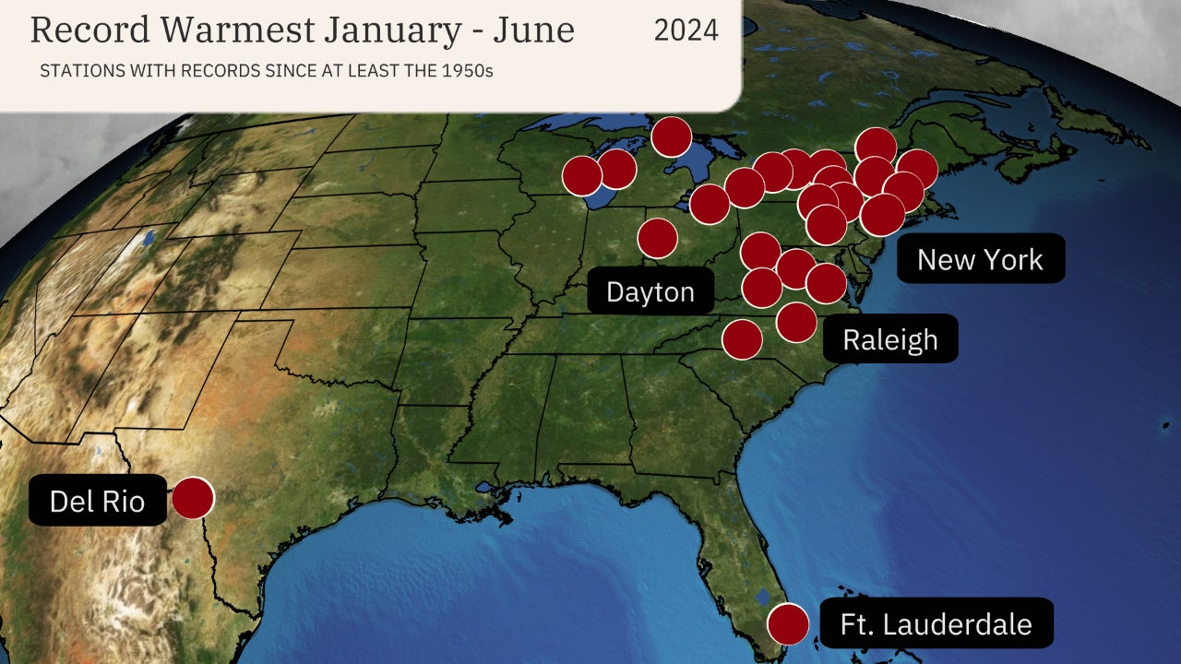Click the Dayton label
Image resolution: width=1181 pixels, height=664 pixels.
point(650,292)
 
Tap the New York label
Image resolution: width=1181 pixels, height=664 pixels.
point(980,259)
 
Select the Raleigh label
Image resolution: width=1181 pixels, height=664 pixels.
point(889,339)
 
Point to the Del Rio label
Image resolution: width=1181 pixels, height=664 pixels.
point(97,501)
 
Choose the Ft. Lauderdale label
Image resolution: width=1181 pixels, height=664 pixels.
point(936,623)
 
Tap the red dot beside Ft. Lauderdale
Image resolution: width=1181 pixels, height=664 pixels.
point(788,623)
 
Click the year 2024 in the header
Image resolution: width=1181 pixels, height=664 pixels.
point(686,30)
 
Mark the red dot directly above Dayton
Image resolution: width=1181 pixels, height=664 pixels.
point(657,238)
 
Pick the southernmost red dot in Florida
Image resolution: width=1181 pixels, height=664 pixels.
point(788,623)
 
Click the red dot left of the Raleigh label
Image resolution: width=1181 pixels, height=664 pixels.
point(796,322)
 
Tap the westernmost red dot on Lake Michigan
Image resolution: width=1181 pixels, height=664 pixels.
point(582,175)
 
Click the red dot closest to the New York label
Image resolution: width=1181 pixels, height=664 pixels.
point(883,215)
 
